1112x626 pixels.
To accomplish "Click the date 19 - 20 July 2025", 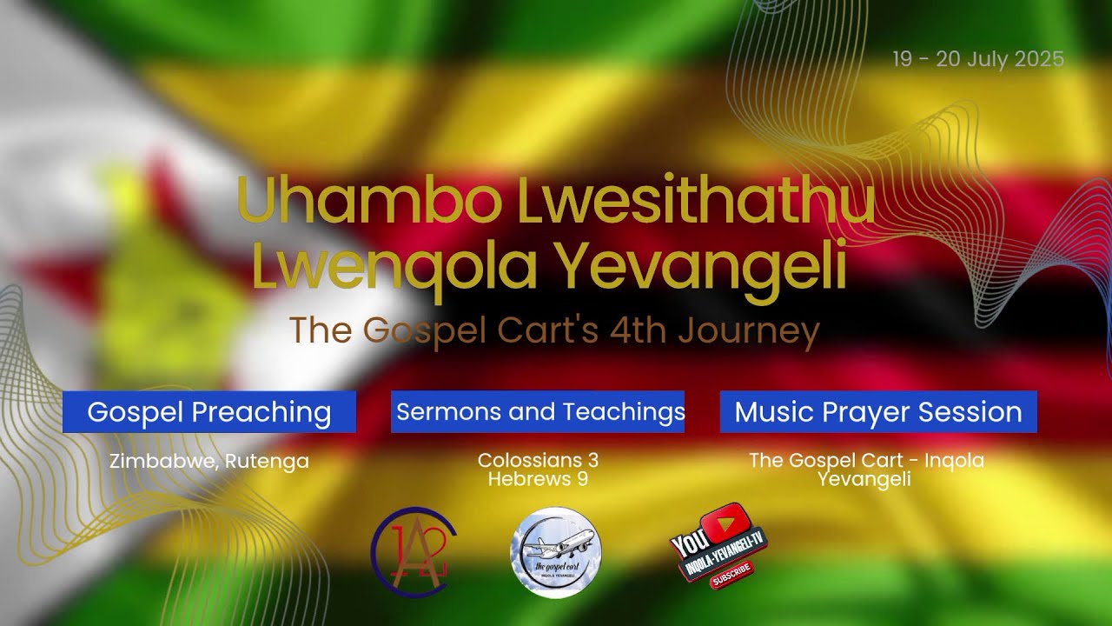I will pos(977,59).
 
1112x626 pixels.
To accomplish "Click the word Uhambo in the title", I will pos(368,202).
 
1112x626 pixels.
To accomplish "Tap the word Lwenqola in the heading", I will pos(394,269).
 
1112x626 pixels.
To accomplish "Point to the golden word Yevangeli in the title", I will pos(700,269).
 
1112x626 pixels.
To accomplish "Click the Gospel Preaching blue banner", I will pos(209,412).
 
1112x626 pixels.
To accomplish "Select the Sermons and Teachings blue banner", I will pos(538,412).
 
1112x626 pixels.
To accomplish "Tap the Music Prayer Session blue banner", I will pos(878,412).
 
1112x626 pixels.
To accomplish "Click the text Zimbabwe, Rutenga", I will pos(209,461).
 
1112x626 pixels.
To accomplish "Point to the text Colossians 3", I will pos(538,459).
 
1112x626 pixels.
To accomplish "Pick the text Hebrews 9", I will pos(538,479).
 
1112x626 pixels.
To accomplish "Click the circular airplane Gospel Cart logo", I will pos(555,553).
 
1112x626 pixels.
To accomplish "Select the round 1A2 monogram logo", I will pos(414,552).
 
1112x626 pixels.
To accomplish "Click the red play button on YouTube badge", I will pos(727,523).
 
